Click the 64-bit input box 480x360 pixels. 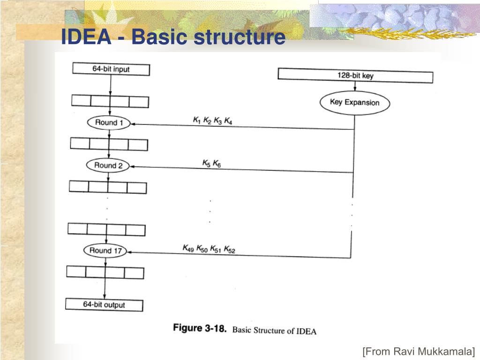point(111,69)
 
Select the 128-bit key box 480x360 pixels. point(355,75)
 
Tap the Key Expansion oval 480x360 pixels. point(354,102)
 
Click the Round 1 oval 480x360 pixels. point(108,123)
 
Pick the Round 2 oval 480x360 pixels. point(108,165)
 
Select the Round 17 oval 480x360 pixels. point(105,250)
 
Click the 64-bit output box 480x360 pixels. point(104,305)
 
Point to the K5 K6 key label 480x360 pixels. point(211,163)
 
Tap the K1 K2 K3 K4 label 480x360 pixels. point(212,120)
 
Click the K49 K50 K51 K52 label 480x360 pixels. point(209,248)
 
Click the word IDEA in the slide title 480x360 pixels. point(86,37)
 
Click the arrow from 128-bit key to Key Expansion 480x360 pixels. point(355,88)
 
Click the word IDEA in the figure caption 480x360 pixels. point(307,331)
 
